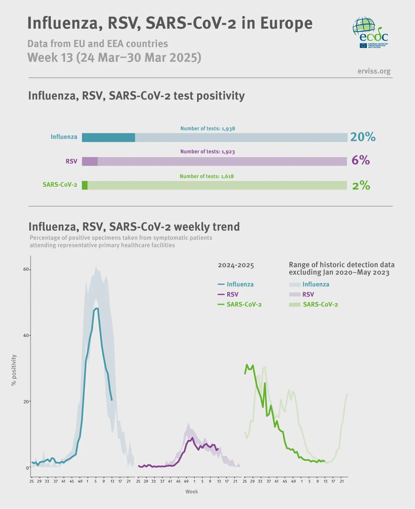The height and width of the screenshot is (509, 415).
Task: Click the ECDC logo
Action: pos(370,32)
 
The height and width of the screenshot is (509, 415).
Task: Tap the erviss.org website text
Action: pos(374,71)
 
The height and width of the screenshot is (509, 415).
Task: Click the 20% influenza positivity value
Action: pos(362,137)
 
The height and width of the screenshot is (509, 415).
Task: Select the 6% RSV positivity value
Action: pos(360,160)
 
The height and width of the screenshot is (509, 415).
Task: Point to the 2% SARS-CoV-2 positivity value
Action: pos(361,185)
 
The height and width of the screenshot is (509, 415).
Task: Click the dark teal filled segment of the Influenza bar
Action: pos(108,137)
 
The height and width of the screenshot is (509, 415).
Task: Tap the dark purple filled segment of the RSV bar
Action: pos(90,161)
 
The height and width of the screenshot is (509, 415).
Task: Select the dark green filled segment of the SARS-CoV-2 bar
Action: pos(85,185)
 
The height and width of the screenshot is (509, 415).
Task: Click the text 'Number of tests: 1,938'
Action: pos(207,128)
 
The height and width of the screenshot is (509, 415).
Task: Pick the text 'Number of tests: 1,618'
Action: pos(206,176)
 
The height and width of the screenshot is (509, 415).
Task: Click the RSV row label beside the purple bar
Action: pos(71,161)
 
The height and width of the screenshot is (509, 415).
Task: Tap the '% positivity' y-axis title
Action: pos(14,370)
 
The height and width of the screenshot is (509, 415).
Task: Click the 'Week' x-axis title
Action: pos(192,491)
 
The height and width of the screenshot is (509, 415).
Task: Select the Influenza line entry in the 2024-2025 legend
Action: pos(236,284)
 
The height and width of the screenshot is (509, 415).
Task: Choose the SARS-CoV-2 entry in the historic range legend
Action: pos(313,304)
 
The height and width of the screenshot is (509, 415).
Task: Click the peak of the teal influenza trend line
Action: pos(96,308)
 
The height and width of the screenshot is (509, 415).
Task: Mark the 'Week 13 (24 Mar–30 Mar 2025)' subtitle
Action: pos(114,57)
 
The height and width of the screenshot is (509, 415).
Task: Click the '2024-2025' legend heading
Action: pos(236,265)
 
